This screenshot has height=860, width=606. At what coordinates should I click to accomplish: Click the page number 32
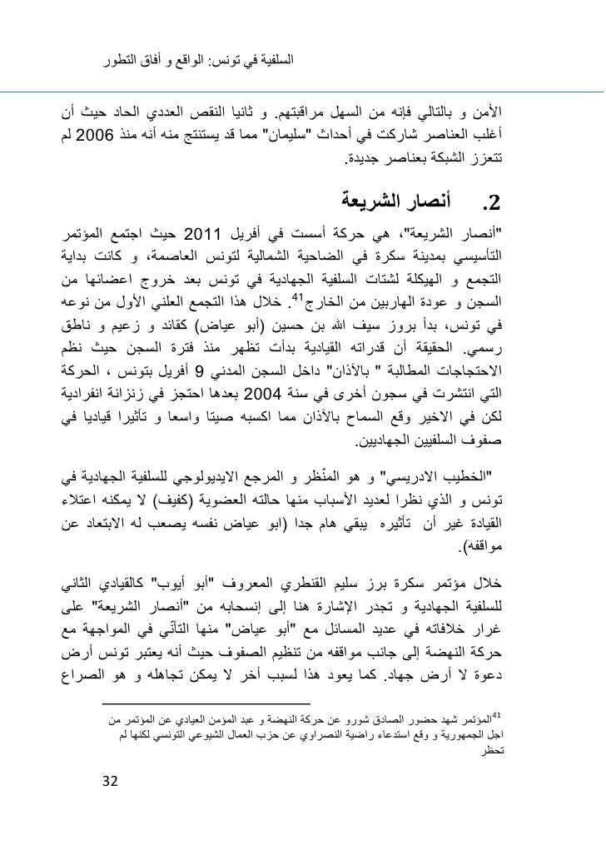[108, 782]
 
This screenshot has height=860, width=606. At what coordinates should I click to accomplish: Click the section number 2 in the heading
[494, 201]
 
